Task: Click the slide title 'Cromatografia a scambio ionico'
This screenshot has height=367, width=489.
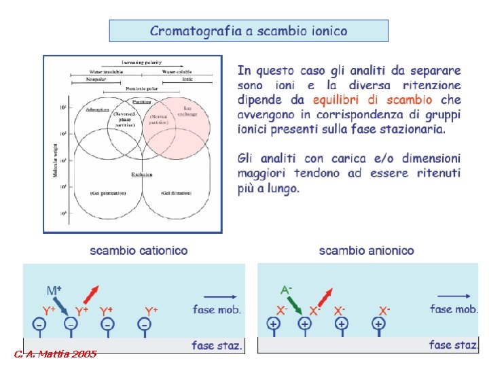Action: point(249,31)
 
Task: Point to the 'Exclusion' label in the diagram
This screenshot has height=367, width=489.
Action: point(142,175)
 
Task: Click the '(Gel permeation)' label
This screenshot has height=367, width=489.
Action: point(108,194)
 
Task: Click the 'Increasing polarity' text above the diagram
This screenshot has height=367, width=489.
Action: point(142,63)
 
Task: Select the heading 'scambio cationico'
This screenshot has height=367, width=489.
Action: point(139,251)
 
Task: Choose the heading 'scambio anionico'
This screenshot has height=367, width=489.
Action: point(366,251)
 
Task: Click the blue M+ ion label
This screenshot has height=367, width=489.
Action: point(54,290)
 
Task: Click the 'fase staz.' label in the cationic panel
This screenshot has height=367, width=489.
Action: point(217,345)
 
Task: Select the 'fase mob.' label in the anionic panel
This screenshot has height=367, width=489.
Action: point(453,309)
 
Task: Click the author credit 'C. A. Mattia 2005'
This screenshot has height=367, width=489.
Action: point(55,354)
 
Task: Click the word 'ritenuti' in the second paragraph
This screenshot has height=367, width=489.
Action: point(437,173)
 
